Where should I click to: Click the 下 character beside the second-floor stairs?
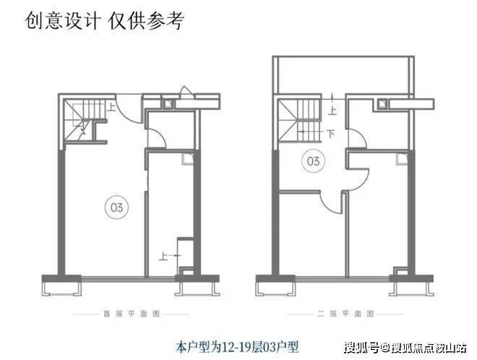[x=330, y=134]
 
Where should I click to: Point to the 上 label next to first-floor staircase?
[x=113, y=108]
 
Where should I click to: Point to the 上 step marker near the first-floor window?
[x=165, y=255]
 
